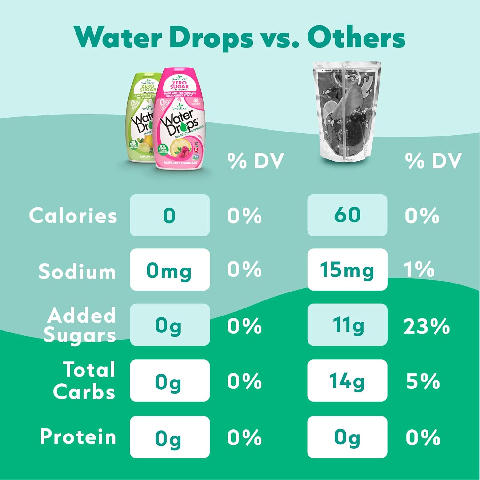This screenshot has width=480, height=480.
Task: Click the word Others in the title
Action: [x=356, y=37]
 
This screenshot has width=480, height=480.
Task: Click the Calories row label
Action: [x=73, y=215]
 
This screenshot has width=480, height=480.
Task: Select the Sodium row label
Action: [x=77, y=271]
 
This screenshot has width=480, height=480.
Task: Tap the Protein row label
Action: [x=78, y=436]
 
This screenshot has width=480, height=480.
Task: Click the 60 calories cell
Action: [x=347, y=215]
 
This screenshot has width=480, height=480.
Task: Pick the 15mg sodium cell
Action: [x=347, y=269]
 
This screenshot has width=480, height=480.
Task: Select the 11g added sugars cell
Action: [x=347, y=325]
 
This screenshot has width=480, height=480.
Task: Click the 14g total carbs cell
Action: [x=347, y=380]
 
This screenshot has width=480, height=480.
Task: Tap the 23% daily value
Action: [x=427, y=326]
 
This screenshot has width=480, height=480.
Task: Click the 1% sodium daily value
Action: [x=419, y=269]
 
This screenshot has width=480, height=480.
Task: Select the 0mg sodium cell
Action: [x=170, y=269]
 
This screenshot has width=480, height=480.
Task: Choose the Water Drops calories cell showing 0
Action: [x=170, y=215]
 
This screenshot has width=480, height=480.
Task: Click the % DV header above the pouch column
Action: [x=433, y=161]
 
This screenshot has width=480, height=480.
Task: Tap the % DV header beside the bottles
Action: [x=255, y=161]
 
